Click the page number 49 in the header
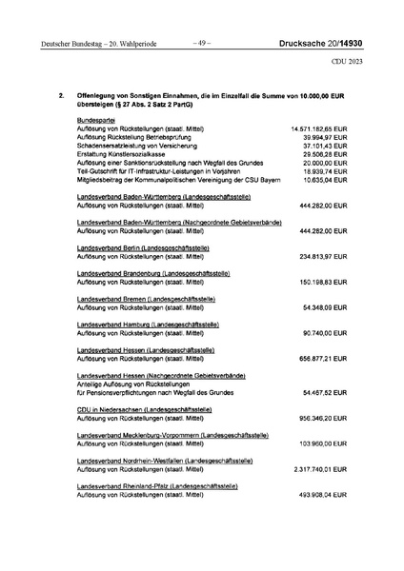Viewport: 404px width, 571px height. [x=198, y=42]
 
